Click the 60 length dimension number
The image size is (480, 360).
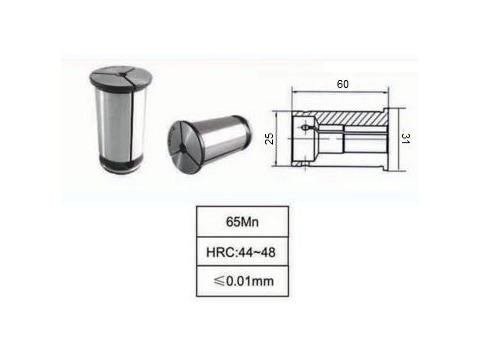pyautogui.click(x=343, y=84)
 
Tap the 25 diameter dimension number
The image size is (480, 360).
pyautogui.click(x=269, y=138)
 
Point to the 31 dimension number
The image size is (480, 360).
pyautogui.click(x=405, y=138)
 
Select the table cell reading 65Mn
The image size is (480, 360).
pyautogui.click(x=242, y=222)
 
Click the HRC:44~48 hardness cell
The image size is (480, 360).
pyautogui.click(x=242, y=252)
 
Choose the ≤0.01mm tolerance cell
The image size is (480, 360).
pyautogui.click(x=242, y=281)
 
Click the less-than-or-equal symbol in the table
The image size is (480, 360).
pyautogui.click(x=219, y=281)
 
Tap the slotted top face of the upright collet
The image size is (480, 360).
pyautogui.click(x=121, y=77)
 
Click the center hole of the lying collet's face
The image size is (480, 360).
pyautogui.click(x=182, y=147)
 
